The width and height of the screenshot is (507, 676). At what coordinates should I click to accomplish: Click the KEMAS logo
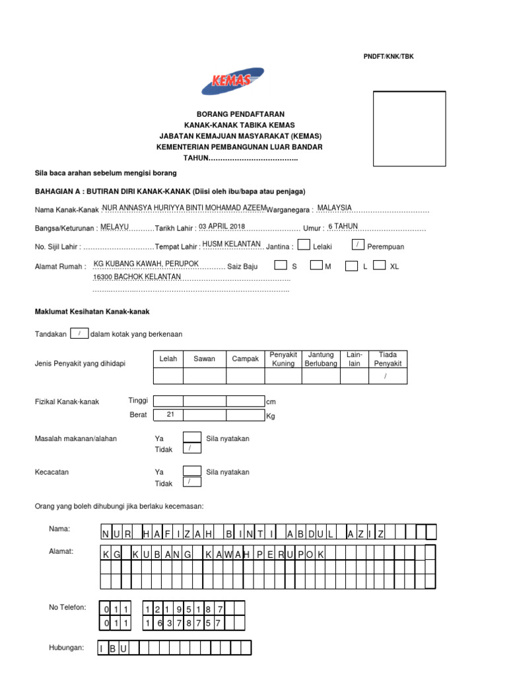(x=232, y=81)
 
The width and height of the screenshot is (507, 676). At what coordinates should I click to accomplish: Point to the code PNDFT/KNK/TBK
(x=389, y=57)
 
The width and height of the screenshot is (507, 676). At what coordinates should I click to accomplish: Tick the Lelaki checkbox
(x=304, y=245)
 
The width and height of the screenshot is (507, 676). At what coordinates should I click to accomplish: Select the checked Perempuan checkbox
(x=357, y=245)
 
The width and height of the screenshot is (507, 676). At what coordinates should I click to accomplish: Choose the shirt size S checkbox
(x=281, y=265)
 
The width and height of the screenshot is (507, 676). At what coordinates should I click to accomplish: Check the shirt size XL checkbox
(x=379, y=265)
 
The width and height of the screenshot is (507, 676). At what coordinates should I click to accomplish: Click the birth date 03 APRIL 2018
(x=222, y=226)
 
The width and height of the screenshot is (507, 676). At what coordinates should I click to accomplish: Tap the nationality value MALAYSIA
(x=335, y=208)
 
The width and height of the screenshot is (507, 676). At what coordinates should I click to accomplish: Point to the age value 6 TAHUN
(x=343, y=226)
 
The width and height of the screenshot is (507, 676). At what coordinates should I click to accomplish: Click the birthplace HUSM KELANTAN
(x=231, y=244)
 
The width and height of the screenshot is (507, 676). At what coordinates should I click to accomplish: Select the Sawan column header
(x=204, y=359)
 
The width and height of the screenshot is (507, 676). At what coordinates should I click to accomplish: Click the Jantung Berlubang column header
(x=321, y=359)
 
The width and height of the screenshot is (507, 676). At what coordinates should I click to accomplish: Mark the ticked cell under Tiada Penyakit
(x=388, y=376)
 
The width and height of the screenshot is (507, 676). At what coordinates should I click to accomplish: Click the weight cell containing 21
(x=170, y=415)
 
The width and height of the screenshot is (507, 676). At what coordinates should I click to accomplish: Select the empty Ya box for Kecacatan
(x=191, y=471)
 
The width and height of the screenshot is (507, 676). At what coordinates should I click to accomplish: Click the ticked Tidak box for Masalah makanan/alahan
(x=191, y=448)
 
